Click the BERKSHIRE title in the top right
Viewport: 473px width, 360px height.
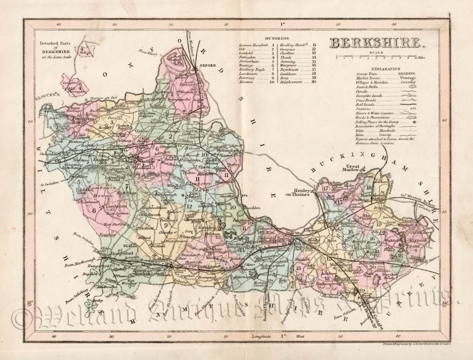pyautogui.click(x=376, y=44)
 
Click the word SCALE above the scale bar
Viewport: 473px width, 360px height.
pyautogui.click(x=377, y=52)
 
